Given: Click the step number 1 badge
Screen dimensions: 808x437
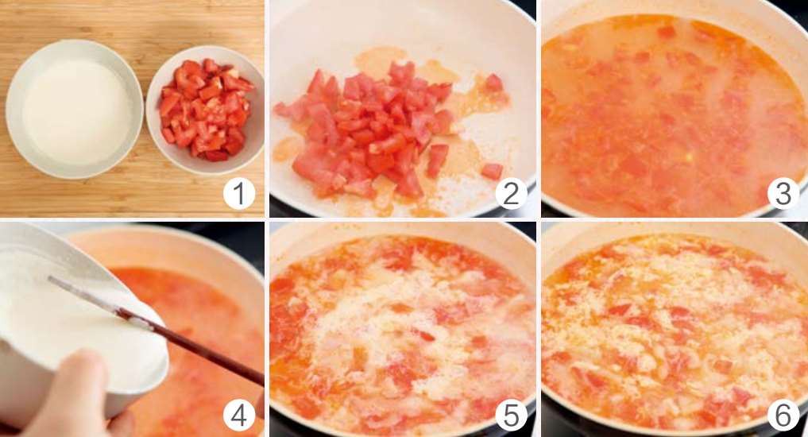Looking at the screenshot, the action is point(239,194).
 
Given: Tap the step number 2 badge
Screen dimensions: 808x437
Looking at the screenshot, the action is point(511,194).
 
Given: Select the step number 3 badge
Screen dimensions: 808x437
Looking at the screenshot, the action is point(783,194).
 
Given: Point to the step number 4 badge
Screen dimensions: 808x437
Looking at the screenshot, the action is point(239,416).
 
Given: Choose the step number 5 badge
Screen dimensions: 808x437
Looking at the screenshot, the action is point(511,416).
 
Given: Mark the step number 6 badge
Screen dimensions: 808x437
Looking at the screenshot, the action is point(783,416).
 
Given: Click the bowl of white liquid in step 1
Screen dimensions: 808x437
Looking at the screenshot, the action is point(74,110).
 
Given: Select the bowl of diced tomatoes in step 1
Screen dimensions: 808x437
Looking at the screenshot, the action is point(205,110).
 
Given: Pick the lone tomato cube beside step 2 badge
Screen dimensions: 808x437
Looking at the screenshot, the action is point(492,171).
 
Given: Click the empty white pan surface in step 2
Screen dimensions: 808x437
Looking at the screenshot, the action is point(392,31).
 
